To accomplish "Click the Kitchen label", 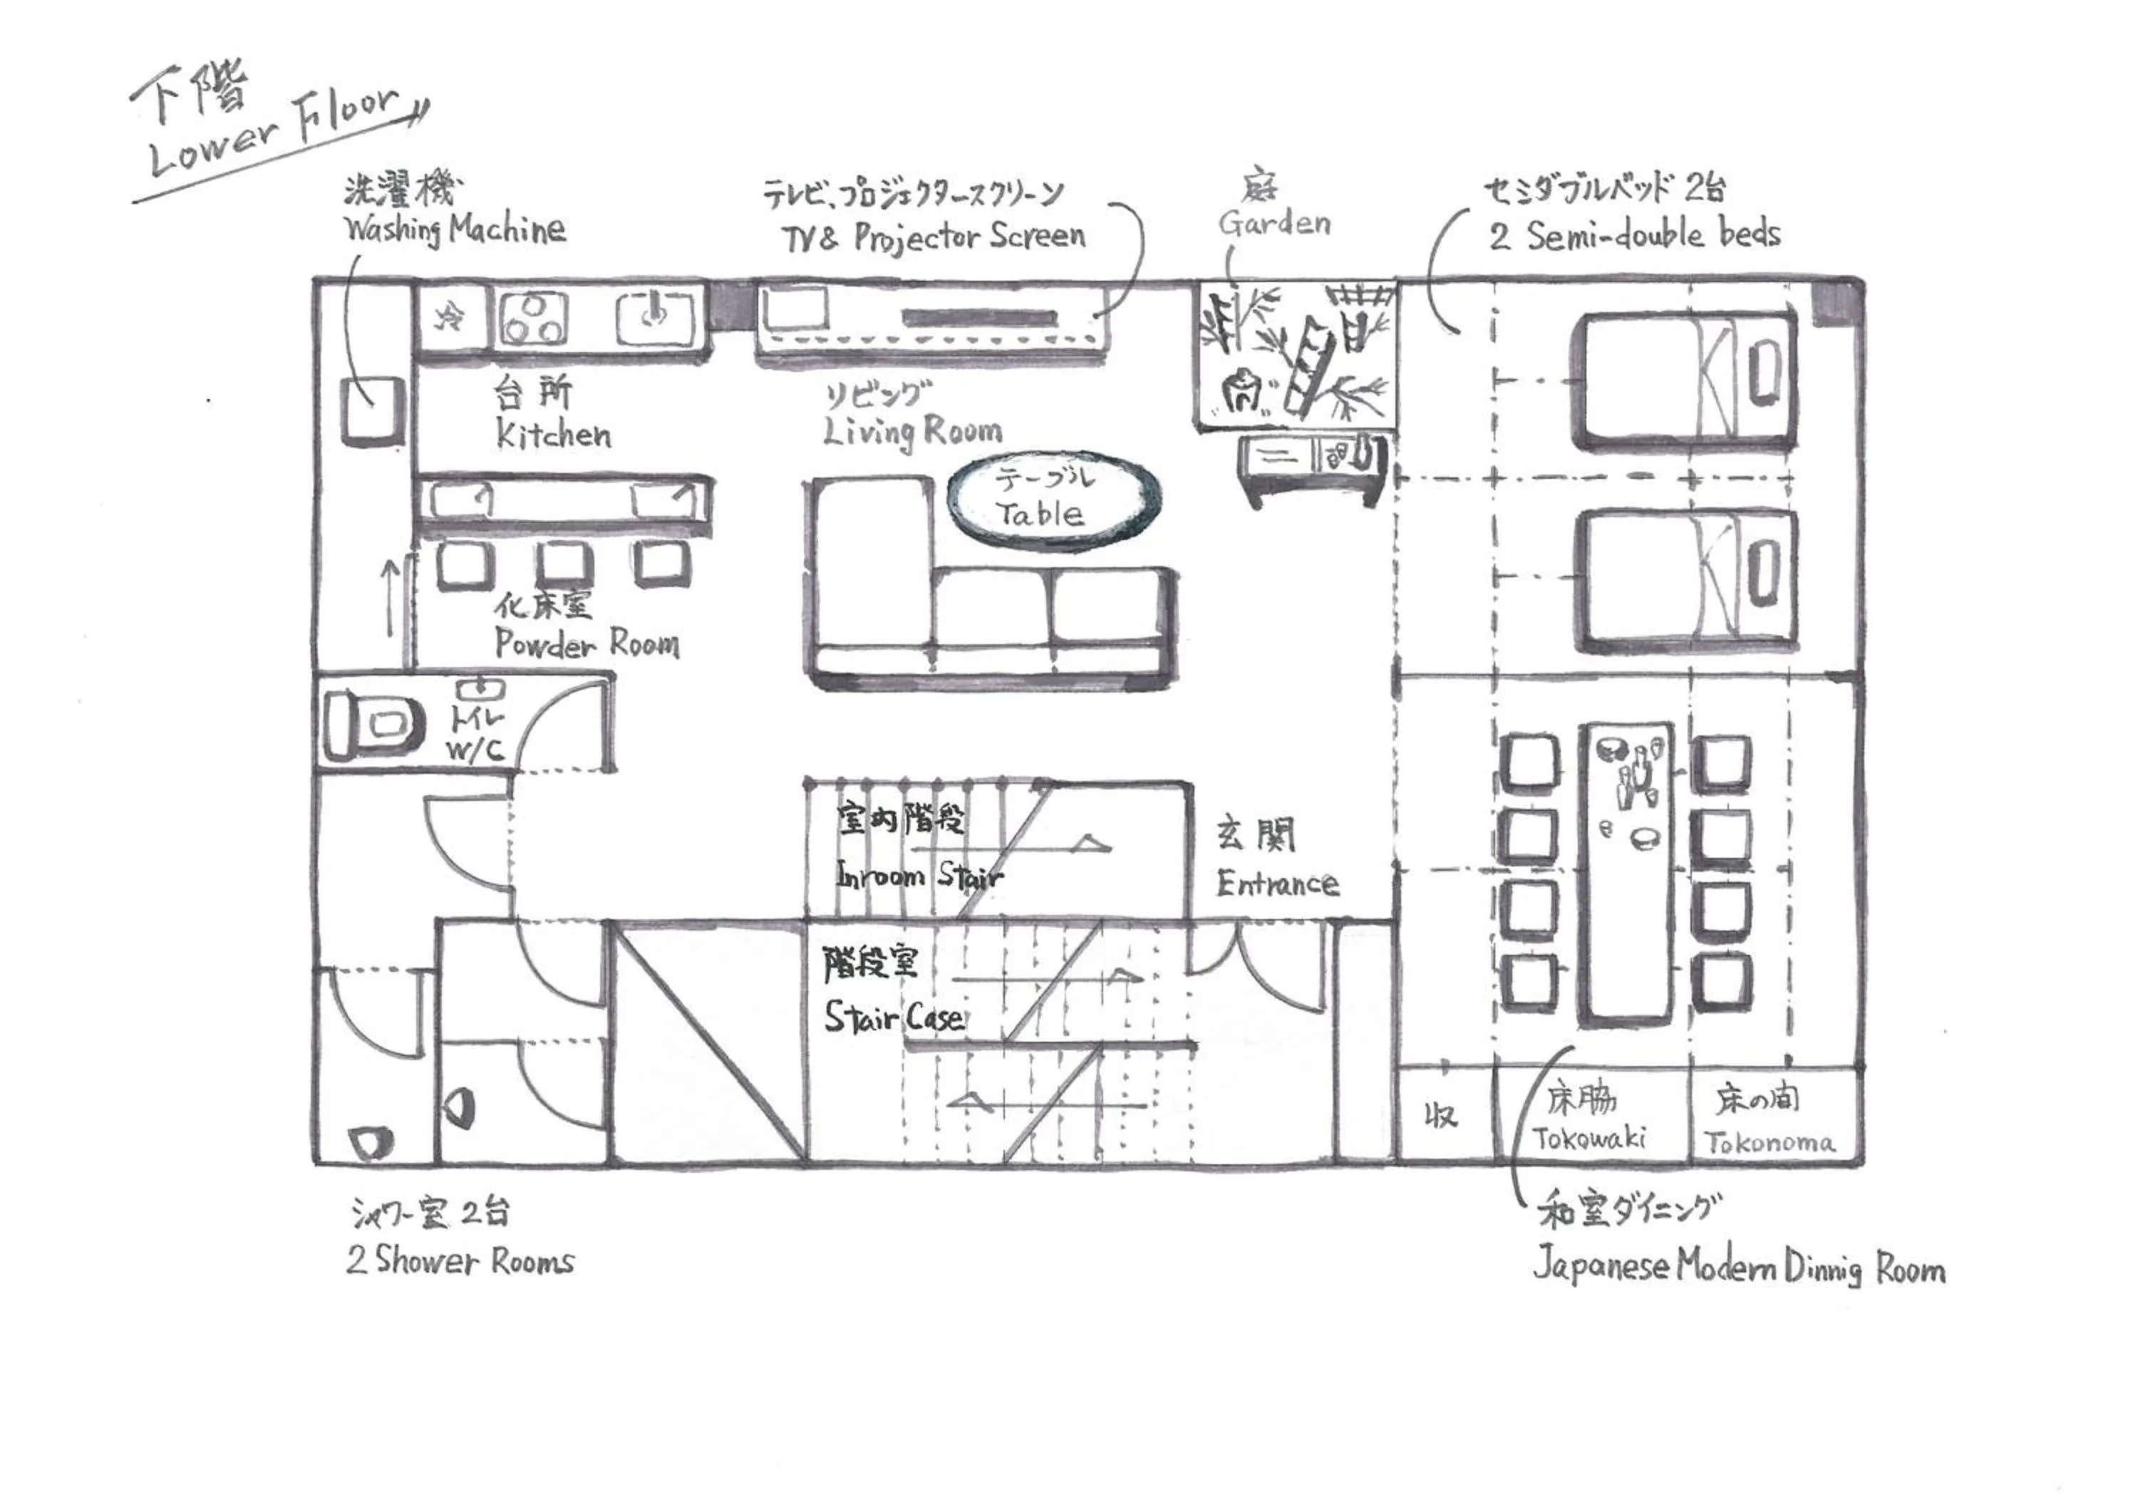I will [553, 435].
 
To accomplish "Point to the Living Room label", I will [912, 431].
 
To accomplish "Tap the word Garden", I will [1274, 224].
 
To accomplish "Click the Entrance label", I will [1278, 884].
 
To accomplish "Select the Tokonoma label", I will [1770, 1142].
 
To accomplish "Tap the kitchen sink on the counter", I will [656, 318].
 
